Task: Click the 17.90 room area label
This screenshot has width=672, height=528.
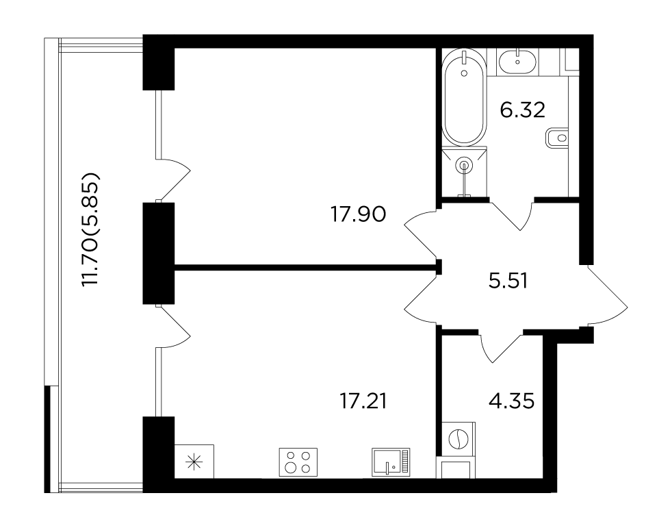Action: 358,214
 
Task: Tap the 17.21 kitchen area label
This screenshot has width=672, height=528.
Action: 363,401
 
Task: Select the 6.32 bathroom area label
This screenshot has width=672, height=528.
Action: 522,110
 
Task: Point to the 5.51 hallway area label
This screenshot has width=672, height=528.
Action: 508,281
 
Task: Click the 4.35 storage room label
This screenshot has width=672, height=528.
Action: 511,401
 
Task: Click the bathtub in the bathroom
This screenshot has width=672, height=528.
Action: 464,97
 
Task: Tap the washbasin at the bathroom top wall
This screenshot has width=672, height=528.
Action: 518,61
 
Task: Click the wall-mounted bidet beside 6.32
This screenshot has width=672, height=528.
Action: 557,138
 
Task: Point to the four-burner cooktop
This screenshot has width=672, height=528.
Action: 298,462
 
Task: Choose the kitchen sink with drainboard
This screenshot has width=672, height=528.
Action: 391,462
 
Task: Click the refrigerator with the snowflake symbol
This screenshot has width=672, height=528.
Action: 194,461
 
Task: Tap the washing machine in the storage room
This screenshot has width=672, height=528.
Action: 456,440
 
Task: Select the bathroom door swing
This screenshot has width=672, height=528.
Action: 512,214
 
